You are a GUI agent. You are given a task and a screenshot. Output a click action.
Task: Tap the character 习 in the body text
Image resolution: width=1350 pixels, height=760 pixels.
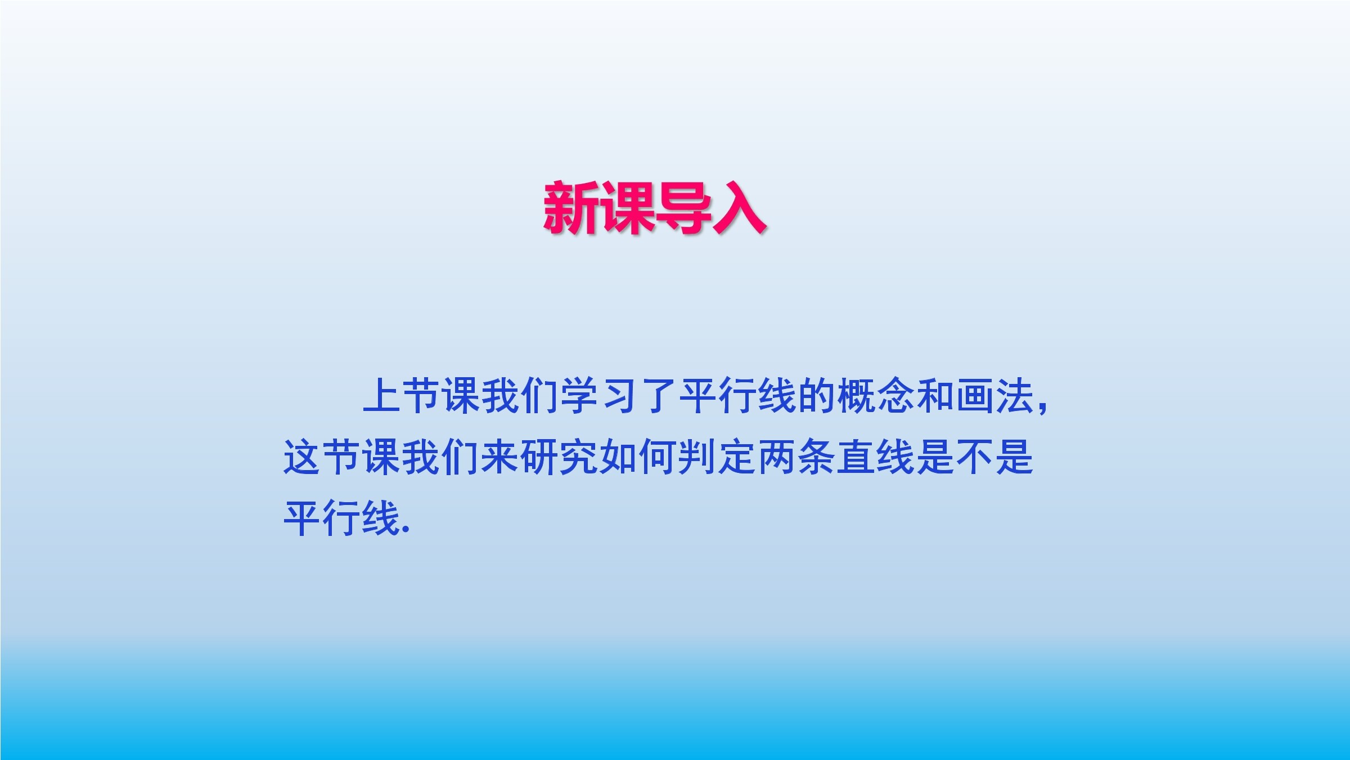pos(619,396)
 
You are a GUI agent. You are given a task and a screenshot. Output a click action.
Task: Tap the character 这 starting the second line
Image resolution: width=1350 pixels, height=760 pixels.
pos(302,457)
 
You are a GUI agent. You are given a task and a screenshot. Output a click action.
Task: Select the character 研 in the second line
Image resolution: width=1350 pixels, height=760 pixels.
pos(539,457)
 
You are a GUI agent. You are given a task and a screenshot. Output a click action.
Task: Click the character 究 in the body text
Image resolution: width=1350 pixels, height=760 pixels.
pos(579,457)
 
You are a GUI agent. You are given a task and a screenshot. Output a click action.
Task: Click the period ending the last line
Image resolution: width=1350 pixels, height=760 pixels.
pos(407,530)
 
